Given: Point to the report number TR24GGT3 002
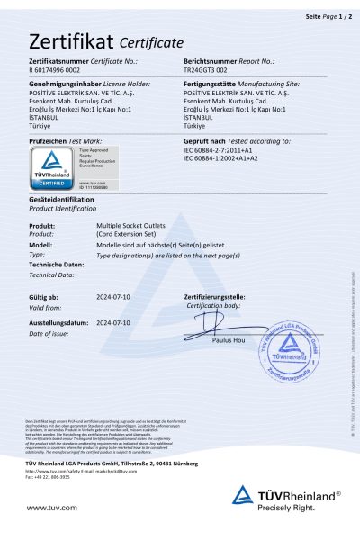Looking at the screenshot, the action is [211, 69].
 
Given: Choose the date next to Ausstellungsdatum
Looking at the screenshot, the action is [113, 321].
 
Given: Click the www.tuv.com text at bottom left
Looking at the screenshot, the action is [47, 508].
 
